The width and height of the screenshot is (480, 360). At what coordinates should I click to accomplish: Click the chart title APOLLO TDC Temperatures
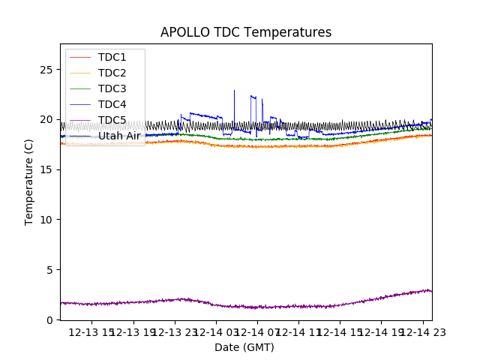click(246, 32)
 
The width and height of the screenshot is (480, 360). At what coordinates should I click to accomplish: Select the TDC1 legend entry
click(112, 57)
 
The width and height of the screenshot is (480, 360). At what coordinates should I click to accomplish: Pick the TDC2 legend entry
click(112, 73)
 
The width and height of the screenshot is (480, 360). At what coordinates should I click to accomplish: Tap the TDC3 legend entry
click(112, 88)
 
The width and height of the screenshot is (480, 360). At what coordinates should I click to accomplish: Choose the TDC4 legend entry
click(112, 104)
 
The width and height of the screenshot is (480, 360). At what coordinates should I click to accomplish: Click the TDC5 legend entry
click(112, 120)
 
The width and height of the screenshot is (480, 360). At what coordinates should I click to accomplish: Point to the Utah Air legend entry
click(118, 136)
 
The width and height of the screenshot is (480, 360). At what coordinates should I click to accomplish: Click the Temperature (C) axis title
click(29, 181)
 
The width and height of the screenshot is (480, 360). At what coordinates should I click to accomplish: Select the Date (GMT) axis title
click(244, 347)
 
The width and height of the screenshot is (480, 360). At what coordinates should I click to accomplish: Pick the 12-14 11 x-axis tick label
click(298, 332)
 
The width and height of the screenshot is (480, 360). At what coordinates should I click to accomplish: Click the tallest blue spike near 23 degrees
click(234, 92)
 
